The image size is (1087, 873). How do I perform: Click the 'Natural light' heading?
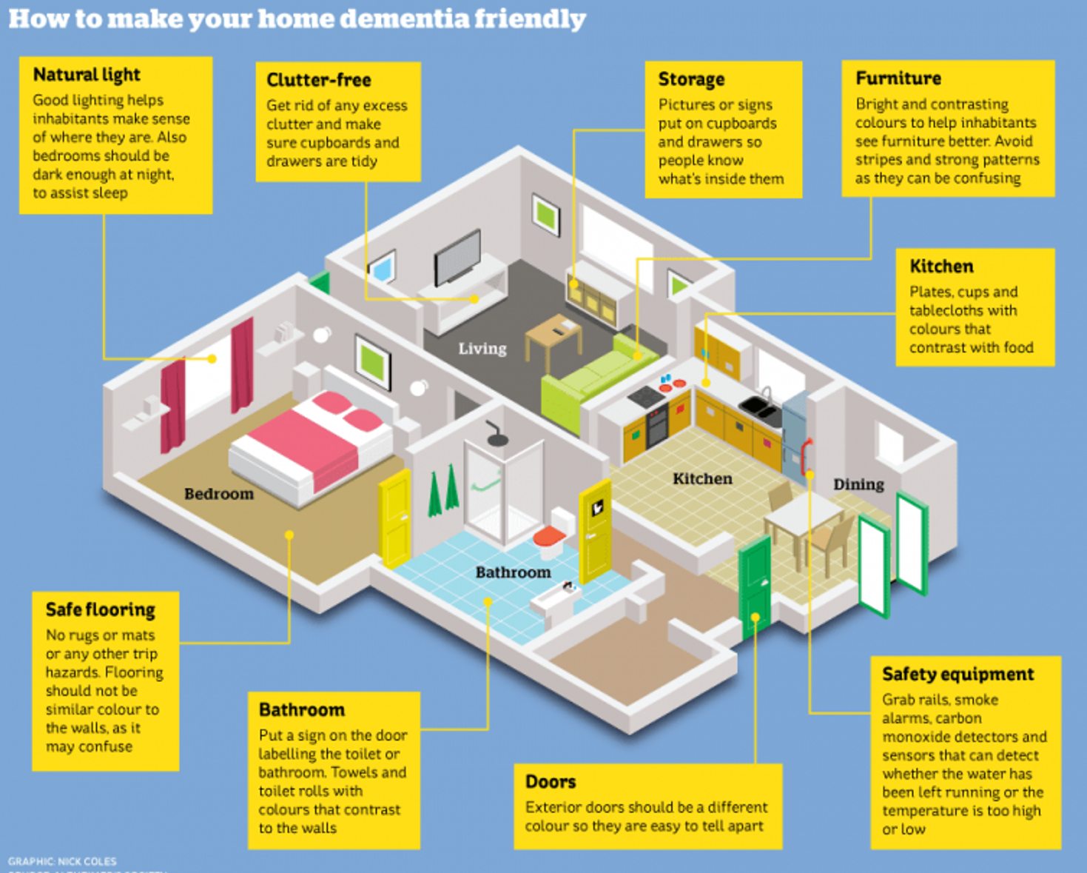(87, 75)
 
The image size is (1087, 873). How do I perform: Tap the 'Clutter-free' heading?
(319, 80)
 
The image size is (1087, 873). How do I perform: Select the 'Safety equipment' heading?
(958, 674)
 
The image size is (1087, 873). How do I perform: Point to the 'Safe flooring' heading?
(101, 609)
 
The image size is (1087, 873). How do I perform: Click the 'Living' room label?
(482, 349)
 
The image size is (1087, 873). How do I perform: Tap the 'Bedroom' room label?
(218, 494)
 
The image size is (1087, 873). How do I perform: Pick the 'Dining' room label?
(858, 484)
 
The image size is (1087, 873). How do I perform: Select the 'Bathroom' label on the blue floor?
(513, 572)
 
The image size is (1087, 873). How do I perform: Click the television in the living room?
(457, 257)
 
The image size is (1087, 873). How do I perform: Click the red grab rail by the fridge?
(806, 455)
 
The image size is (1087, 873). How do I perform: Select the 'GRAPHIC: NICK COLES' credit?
(62, 861)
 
